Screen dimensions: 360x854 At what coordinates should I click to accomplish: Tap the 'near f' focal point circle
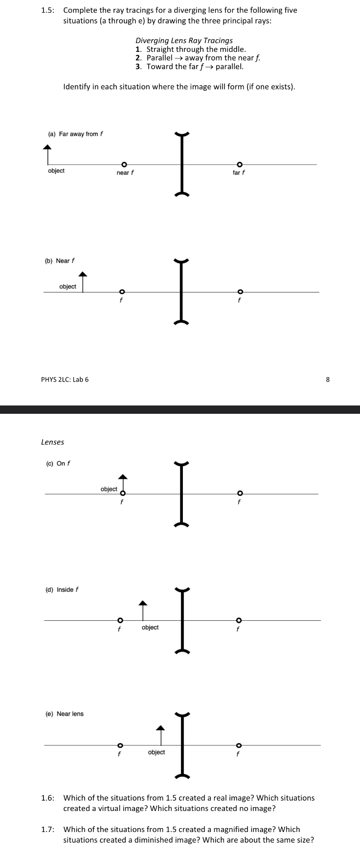(x=124, y=165)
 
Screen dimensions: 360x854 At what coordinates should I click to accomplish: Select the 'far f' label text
(x=239, y=173)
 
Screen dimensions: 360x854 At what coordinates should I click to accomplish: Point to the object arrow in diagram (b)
(x=83, y=282)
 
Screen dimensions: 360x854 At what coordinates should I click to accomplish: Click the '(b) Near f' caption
(x=60, y=261)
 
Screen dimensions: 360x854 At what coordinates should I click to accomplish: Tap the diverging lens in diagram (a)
(x=181, y=164)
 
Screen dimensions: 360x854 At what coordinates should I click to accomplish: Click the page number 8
(x=328, y=379)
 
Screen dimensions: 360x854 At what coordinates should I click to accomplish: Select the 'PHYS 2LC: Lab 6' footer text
(x=65, y=379)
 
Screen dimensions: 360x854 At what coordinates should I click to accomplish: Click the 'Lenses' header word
(x=52, y=442)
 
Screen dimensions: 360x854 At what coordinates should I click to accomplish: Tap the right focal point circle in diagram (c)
(x=240, y=494)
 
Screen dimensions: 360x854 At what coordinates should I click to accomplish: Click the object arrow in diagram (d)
(x=142, y=610)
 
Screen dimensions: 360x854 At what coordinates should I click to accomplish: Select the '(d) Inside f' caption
(x=62, y=589)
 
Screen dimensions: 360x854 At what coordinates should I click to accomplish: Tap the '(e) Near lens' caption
(x=65, y=714)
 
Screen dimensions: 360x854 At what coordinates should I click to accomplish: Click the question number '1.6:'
(x=48, y=798)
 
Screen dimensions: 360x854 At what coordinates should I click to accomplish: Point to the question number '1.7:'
(x=48, y=829)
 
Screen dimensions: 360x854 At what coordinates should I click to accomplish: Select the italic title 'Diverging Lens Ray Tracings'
(x=184, y=41)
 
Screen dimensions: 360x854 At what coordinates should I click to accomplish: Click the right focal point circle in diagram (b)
(x=240, y=292)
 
